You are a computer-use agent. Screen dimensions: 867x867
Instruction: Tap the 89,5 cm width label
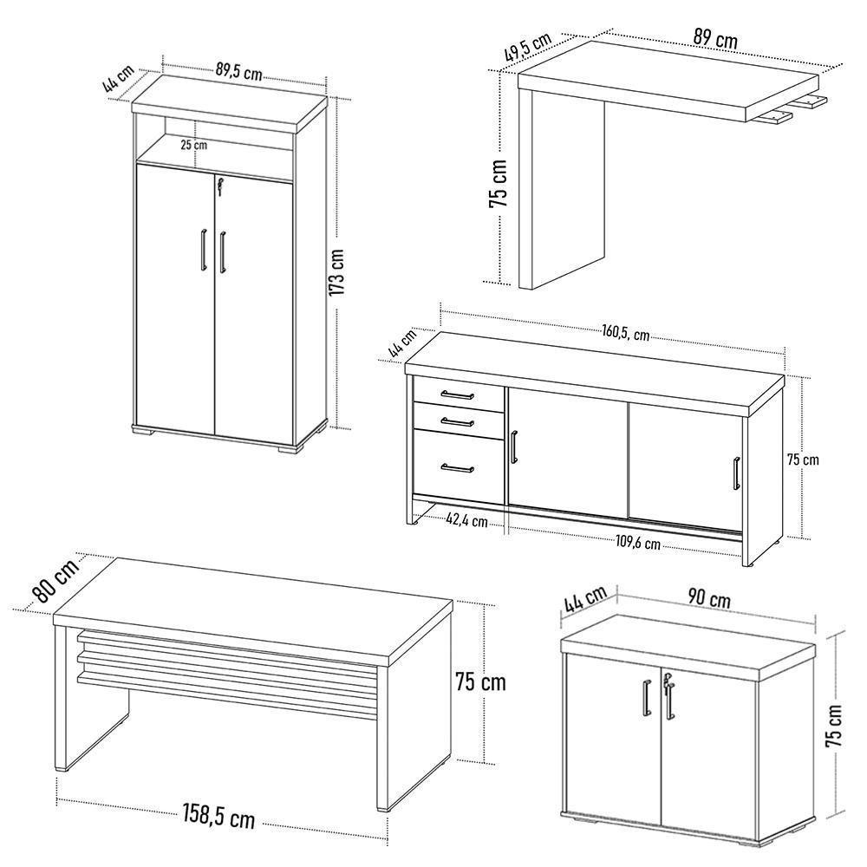tap(238, 73)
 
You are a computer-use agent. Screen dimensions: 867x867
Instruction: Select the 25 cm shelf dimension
tap(194, 145)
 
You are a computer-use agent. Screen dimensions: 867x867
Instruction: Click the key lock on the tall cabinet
tap(220, 185)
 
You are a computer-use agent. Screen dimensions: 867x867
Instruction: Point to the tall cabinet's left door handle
tap(202, 251)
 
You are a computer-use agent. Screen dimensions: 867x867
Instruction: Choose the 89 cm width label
tap(715, 39)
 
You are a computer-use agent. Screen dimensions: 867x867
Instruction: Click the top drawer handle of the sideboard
tap(457, 395)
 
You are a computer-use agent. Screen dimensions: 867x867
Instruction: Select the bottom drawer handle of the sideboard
tap(457, 469)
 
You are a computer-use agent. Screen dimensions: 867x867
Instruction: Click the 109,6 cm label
tap(636, 544)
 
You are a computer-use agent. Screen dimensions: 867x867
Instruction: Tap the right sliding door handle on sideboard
tap(736, 476)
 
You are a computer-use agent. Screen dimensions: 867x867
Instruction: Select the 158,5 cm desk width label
tap(218, 816)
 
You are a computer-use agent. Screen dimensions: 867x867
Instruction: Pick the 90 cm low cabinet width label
tap(709, 599)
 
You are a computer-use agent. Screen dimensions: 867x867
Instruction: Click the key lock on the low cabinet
tap(665, 684)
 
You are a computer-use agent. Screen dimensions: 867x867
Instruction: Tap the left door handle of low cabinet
tap(646, 699)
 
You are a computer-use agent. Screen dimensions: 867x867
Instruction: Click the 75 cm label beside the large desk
tap(479, 681)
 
